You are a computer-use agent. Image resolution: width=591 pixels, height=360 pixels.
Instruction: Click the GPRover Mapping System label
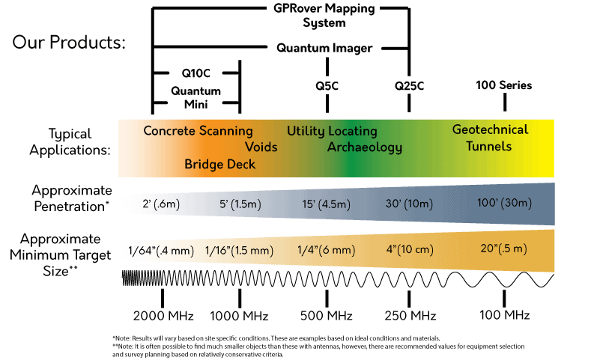pos(335,16)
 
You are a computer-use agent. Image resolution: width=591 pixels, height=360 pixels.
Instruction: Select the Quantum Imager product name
pos(324,48)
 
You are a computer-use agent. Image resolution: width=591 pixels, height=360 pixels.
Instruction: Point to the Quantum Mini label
pos(196,98)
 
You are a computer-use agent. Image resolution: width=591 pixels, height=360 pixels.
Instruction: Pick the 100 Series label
pos(504,85)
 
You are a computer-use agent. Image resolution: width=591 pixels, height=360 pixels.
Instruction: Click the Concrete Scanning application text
pos(198,131)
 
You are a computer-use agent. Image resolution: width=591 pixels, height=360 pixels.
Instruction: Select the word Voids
pos(261,147)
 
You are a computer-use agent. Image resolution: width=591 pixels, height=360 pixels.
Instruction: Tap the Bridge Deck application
pos(220,164)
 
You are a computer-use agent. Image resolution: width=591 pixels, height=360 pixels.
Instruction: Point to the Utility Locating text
pos(332,131)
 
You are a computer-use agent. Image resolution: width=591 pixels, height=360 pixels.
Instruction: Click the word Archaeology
pos(365,147)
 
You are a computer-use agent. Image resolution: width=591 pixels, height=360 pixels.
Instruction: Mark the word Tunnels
pos(489,146)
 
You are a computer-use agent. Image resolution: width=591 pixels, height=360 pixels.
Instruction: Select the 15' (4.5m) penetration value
pos(324,204)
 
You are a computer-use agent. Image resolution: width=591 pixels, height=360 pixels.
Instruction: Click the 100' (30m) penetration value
pos(504,203)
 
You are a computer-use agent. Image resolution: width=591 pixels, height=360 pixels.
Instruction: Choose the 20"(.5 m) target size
pos(504,248)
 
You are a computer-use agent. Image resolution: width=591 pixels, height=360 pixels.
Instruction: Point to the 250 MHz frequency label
pos(410,314)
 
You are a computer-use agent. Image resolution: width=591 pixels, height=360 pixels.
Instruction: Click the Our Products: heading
pos(69,42)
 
